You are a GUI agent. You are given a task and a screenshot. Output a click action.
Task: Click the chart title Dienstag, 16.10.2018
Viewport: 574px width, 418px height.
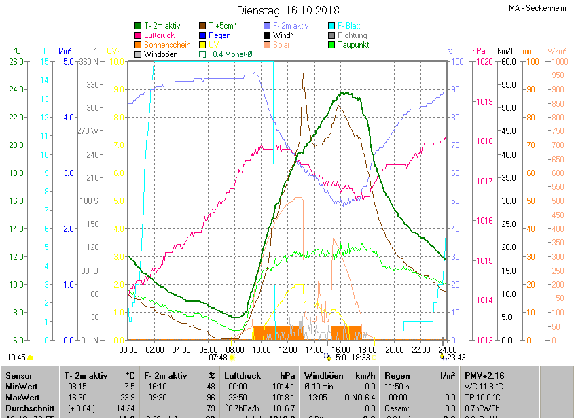tap(287, 10)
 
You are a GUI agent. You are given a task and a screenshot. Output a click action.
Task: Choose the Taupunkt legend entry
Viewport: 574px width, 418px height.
tap(353, 45)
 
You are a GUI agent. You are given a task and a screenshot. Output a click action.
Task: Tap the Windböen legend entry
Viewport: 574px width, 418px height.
tap(160, 54)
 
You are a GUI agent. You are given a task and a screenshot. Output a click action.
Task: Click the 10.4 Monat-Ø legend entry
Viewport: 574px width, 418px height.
tap(230, 54)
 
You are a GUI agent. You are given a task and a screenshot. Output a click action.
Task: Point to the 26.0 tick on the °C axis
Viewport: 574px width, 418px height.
tap(16, 62)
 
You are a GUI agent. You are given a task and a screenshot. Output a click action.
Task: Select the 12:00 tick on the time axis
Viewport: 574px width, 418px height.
tap(288, 350)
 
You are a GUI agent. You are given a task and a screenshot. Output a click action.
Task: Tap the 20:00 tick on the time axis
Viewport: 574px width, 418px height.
tap(394, 350)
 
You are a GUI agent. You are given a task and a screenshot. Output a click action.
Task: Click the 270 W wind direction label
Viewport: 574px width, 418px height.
tap(88, 131)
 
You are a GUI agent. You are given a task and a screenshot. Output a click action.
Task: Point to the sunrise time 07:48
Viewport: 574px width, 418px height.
tap(218, 357)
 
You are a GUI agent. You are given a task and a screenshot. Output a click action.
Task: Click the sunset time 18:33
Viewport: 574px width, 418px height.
tap(361, 357)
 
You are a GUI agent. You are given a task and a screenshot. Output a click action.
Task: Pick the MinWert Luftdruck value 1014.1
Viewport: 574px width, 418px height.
tap(285, 386)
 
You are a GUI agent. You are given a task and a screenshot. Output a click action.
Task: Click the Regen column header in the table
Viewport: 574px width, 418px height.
tap(397, 375)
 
